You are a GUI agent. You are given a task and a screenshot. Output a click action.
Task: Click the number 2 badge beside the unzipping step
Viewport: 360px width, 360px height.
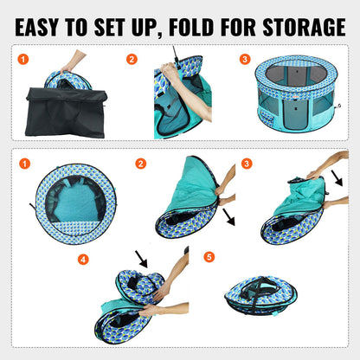pyautogui.click(x=132, y=60)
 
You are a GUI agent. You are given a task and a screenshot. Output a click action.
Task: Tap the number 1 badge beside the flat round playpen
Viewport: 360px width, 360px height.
pyautogui.click(x=26, y=163)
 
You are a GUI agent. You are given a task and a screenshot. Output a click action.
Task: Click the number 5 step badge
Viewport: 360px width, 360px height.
pyautogui.click(x=209, y=258)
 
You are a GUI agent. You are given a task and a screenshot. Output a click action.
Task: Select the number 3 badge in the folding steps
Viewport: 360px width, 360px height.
pyautogui.click(x=247, y=163)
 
